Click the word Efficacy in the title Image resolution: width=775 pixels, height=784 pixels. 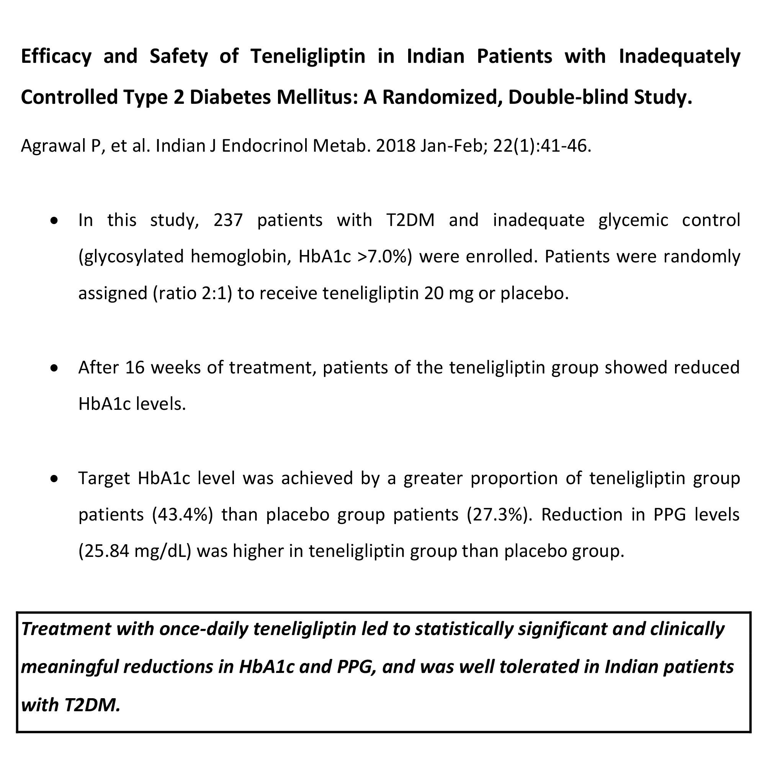coord(56,56)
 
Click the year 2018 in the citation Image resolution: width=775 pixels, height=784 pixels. coord(396,146)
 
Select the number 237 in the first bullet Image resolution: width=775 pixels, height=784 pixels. coord(228,220)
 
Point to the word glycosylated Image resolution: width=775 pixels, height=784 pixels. coord(131,257)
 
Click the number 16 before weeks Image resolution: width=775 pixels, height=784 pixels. coord(135,368)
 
